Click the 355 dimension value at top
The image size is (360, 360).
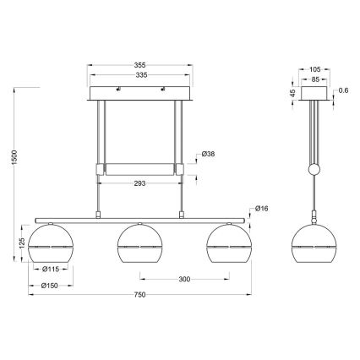139,65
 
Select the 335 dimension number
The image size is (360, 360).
141,75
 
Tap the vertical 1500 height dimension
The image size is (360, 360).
15,157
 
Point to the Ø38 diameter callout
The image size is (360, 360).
209,154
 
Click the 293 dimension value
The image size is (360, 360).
139,183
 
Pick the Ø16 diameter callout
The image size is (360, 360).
261,209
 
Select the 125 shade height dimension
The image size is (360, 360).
23,243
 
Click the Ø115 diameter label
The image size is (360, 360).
51,269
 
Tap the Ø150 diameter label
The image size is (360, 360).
50,286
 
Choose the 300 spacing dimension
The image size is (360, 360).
184,279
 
